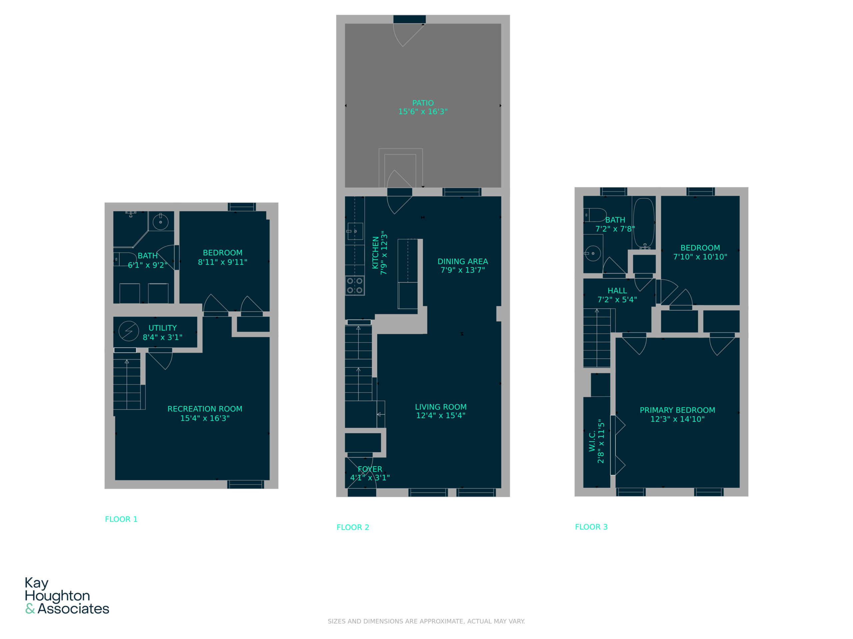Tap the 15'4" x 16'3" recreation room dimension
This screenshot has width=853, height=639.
point(205,418)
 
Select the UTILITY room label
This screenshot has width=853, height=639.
point(162,328)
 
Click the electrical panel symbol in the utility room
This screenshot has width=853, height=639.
point(128,331)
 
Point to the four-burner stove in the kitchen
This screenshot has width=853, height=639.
point(355,286)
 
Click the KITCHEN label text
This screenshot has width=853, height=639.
point(375,253)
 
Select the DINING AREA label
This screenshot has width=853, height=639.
point(463,261)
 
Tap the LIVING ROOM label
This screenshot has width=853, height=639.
point(441,407)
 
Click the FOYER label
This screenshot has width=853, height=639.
point(370,469)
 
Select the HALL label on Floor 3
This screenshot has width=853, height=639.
point(617,291)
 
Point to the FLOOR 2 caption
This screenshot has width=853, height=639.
point(353,527)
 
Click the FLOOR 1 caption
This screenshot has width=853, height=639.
point(121,519)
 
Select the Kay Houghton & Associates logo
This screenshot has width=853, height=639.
point(67,595)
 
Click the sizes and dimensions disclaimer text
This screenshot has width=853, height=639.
point(426,621)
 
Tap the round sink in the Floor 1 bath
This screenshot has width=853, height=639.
point(160,222)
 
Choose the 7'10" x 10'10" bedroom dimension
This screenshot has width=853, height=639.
point(700,257)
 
